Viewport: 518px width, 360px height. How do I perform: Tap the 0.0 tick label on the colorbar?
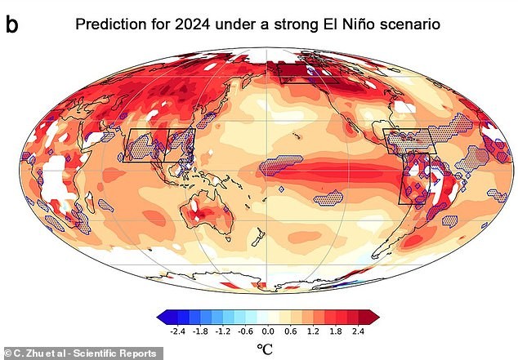point(268,331)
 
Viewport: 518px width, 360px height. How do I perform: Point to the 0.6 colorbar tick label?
point(290,331)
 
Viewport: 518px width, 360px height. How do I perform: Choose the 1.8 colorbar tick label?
point(335,331)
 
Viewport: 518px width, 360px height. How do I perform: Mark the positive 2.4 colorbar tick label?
point(357,331)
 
